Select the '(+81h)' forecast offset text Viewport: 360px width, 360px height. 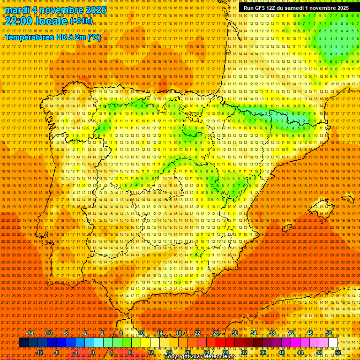coord(81,21)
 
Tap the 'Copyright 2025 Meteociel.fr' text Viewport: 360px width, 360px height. coord(199,357)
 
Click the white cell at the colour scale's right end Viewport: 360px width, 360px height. coord(333,343)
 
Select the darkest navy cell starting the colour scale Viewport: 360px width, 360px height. coord(23,343)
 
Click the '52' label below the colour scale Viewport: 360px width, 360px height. coord(338,352)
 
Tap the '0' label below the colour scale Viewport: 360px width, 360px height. coord(93,352)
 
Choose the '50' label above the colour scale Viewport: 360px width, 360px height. coord(329,333)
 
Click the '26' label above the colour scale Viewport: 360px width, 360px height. coord(216,333)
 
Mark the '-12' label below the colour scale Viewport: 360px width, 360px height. coord(39,352)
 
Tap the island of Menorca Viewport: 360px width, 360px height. coord(347,199)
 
